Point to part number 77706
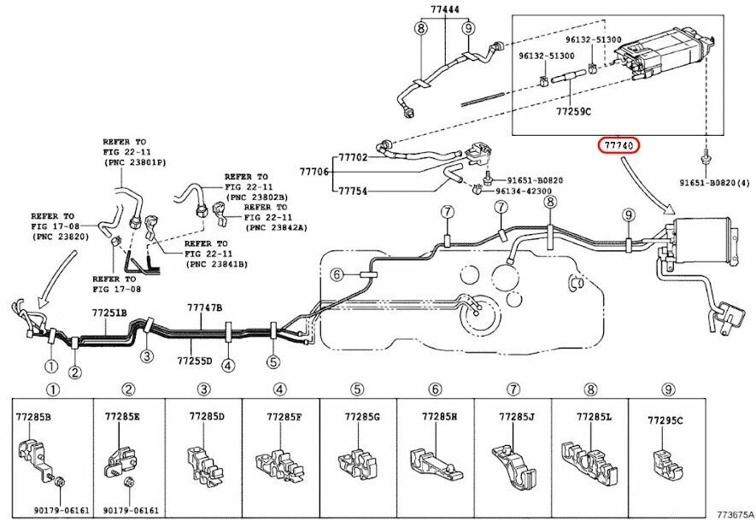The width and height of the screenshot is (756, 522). click(314, 172)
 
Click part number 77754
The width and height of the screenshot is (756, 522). click(353, 191)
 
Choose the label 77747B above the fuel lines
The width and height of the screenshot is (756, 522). click(204, 307)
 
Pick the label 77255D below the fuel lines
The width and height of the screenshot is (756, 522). click(195, 360)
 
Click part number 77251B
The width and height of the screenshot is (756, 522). click(109, 314)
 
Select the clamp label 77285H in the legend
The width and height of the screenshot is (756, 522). click(439, 416)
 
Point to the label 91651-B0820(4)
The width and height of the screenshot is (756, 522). click(714, 182)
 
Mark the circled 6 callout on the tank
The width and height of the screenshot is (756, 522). click(337, 275)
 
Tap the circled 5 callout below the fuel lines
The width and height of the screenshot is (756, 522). click(273, 362)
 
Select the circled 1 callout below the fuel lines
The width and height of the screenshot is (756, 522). click(51, 367)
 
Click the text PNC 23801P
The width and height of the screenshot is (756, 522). click(136, 161)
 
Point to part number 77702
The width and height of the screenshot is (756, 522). click(353, 158)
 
